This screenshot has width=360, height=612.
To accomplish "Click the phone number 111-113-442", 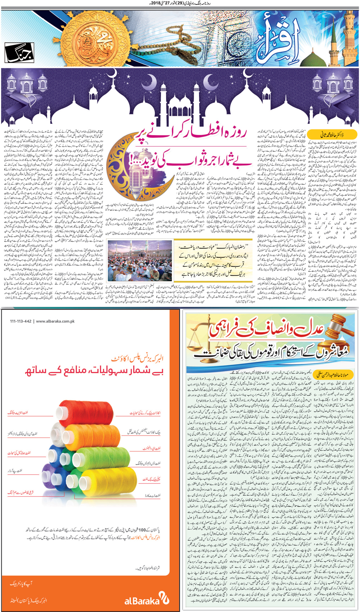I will click(x=21, y=321).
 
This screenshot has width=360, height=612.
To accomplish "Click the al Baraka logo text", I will click(x=142, y=600).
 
